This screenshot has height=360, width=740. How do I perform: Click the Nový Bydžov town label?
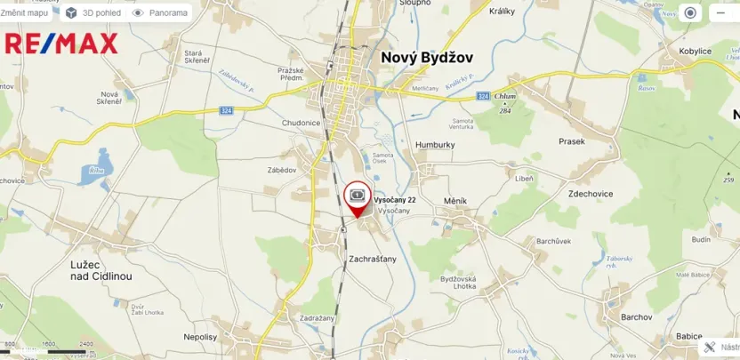click(x=427, y=57)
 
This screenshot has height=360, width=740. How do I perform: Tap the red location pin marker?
click(x=357, y=198)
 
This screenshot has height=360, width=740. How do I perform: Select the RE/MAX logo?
click(x=60, y=43)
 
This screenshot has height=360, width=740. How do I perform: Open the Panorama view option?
click(x=160, y=13)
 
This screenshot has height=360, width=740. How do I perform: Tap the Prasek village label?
click(x=571, y=141)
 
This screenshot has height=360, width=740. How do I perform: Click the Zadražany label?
click(x=318, y=317)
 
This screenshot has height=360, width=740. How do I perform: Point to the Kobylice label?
click(x=696, y=52)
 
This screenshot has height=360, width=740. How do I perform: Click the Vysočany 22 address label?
click(x=394, y=200)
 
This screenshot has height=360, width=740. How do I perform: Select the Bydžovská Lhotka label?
click(x=458, y=284)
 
